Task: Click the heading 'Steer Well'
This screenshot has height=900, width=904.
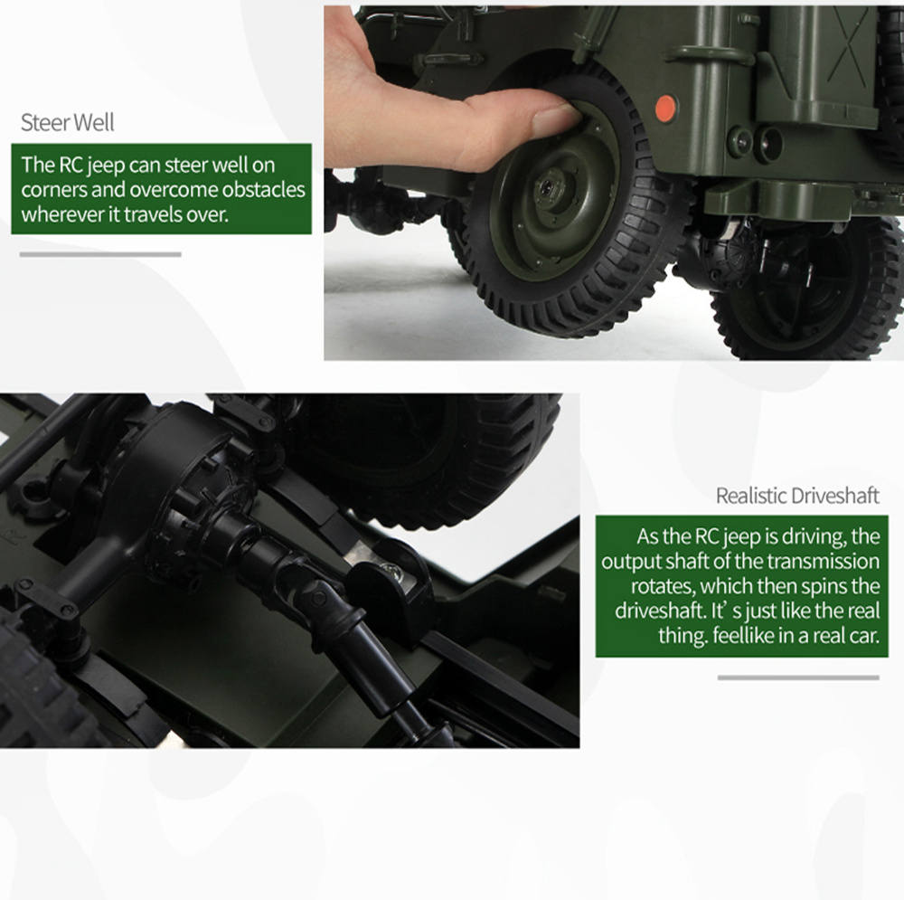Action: coord(68,122)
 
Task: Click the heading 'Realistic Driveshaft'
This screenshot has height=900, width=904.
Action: coord(796,496)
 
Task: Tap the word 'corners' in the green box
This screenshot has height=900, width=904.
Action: coord(52,191)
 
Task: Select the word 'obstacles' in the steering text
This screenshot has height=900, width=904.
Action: coord(263,191)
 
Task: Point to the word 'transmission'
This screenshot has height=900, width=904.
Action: coord(826,561)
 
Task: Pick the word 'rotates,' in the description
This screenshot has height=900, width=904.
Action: coord(668,586)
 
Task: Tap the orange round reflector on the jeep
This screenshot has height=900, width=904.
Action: coord(664,108)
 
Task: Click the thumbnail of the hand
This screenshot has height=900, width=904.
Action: coord(553,118)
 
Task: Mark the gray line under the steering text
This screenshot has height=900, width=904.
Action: coord(100,254)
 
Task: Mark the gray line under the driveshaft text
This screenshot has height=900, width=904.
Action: coord(798,677)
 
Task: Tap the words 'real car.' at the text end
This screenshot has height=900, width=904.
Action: coord(841,636)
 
